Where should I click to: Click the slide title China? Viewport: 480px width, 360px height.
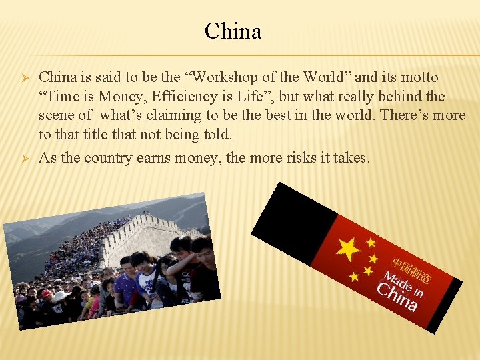tap(233, 31)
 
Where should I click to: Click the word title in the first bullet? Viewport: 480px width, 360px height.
tap(99, 135)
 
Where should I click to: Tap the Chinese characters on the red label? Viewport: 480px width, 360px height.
tap(411, 266)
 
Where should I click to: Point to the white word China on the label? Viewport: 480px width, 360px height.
tap(397, 297)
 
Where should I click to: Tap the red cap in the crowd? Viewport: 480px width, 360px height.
tap(46, 294)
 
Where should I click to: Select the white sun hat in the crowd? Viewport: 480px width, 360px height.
tap(60, 297)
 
